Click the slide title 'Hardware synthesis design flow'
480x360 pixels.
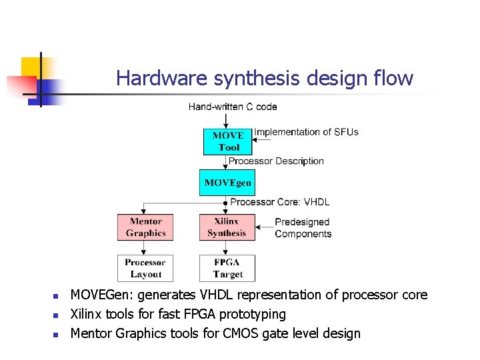pyautogui.click(x=265, y=79)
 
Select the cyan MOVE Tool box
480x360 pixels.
pyautogui.click(x=228, y=141)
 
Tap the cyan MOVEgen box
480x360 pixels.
pyautogui.click(x=227, y=183)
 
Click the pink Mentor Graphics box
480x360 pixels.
pyautogui.click(x=145, y=227)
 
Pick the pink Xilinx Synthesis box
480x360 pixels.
pyautogui.click(x=227, y=227)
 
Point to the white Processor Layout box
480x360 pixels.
pyautogui.click(x=145, y=268)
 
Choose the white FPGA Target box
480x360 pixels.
pyautogui.click(x=227, y=268)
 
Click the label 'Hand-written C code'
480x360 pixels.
pyautogui.click(x=233, y=107)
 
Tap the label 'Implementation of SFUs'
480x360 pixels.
pyautogui.click(x=307, y=132)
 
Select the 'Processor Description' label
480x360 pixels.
pyautogui.click(x=276, y=161)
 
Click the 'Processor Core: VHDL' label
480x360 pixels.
pyautogui.click(x=280, y=202)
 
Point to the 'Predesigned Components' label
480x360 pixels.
pyautogui.click(x=303, y=228)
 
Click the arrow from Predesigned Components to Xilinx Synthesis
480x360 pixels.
pyautogui.click(x=263, y=227)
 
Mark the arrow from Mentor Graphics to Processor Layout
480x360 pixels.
pyautogui.click(x=145, y=247)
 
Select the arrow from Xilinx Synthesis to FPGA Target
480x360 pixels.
pyautogui.click(x=227, y=247)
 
